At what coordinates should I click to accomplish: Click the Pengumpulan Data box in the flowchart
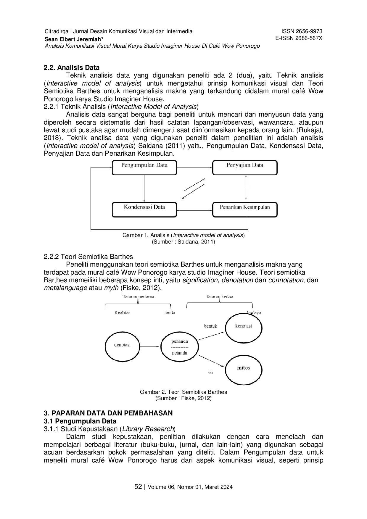pos(144,167)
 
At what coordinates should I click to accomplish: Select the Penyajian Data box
pos(245,167)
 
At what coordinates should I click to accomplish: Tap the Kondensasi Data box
pos(144,209)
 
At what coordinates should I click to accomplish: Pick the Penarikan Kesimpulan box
pos(245,209)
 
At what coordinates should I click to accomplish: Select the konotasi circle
pos(244,328)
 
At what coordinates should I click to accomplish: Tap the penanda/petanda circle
pos(179,347)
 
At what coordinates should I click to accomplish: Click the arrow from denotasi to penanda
pos(150,346)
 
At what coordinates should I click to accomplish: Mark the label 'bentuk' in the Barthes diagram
pos(210,326)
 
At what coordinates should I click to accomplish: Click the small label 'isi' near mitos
pos(210,373)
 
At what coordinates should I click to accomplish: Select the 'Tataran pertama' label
pos(138,296)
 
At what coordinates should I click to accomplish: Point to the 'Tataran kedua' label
pos(219,296)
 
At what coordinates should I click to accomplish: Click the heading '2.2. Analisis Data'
pos(72,68)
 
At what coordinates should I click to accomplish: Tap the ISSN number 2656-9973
pos(302,31)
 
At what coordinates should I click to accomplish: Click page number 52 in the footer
pos(138,487)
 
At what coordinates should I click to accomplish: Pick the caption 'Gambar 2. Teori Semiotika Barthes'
pos(183,392)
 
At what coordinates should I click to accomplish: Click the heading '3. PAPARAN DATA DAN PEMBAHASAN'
pos(108,413)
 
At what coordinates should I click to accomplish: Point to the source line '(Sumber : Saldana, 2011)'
pos(183,242)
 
